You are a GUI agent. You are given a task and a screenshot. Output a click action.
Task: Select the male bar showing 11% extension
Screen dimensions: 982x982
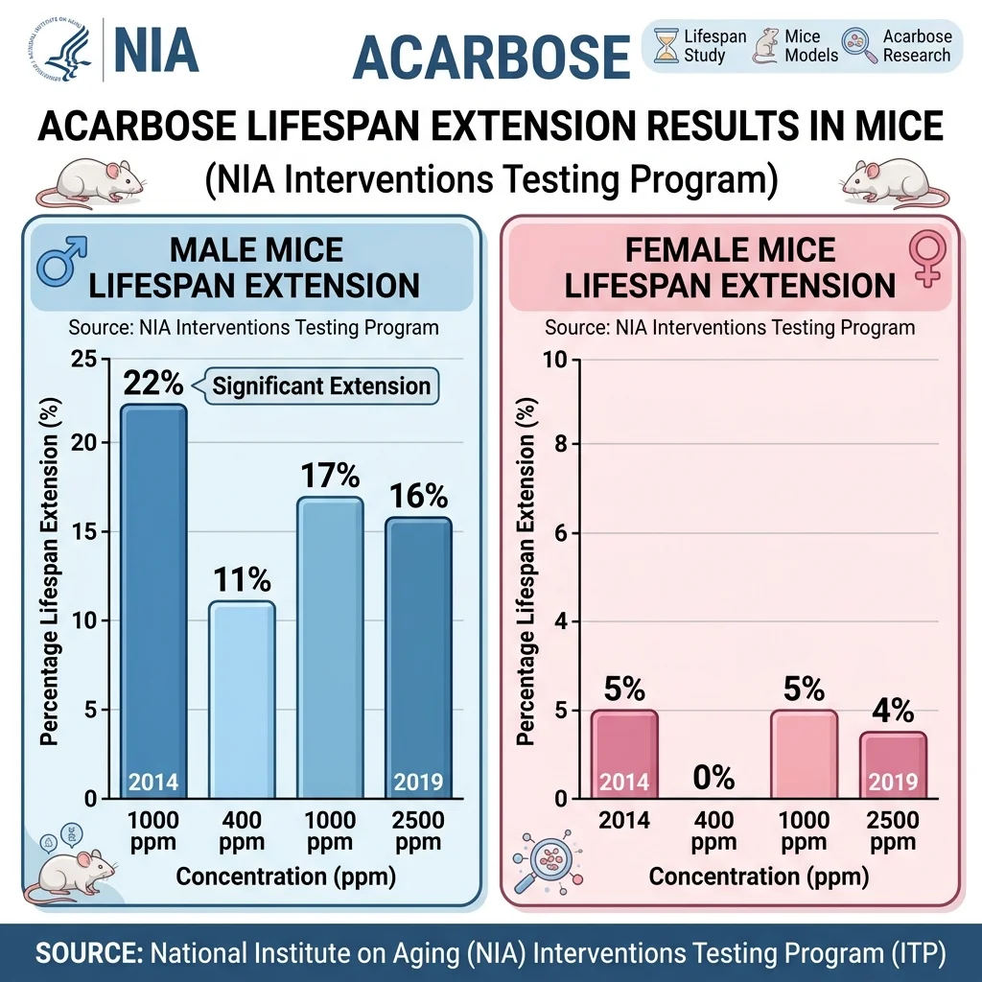(242, 700)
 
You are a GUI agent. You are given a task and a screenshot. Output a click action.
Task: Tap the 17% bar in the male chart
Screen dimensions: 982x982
(329, 647)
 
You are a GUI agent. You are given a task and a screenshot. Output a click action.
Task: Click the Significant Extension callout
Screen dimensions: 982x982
(320, 386)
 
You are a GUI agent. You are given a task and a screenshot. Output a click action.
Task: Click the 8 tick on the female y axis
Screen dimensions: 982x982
(563, 444)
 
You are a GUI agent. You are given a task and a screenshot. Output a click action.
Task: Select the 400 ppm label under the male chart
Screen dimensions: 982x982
(242, 830)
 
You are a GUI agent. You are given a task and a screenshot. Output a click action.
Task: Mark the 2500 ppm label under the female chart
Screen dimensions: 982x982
(893, 830)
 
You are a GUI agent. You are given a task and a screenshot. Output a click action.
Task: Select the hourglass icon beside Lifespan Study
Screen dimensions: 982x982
(665, 46)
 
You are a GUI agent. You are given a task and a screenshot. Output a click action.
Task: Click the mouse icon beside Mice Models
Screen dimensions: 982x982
(765, 46)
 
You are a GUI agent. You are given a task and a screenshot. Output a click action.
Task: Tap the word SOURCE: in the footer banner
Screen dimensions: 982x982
(88, 953)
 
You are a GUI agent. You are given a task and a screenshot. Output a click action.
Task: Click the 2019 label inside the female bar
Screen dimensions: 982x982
(893, 782)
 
